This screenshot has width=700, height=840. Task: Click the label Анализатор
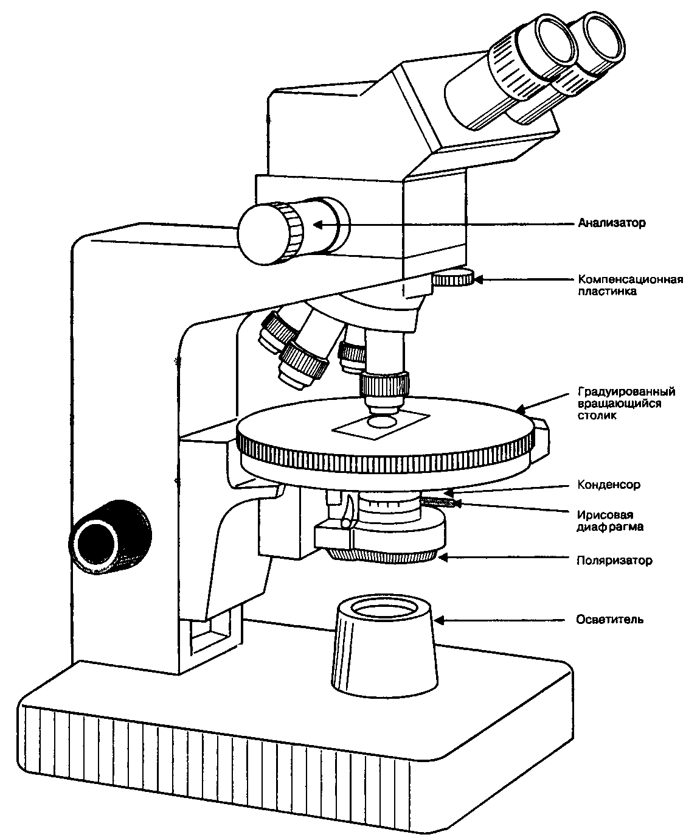coord(611,223)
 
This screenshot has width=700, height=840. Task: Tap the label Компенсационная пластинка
coord(630,285)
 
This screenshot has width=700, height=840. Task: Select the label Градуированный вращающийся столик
coord(626,404)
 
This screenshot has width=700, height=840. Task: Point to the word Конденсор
coord(608,485)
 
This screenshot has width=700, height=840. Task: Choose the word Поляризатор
coord(614,560)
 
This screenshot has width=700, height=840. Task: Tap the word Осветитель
coord(609,620)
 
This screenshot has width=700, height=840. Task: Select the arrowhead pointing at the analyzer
coord(317,224)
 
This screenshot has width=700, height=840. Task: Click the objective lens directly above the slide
coord(381,419)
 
